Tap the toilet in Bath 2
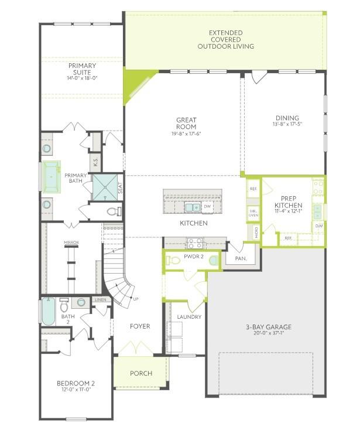64,304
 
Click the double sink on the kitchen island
191,207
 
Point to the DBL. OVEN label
253,213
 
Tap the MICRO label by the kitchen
256,233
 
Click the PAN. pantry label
241,258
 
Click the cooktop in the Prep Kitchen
318,187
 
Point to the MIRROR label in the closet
71,243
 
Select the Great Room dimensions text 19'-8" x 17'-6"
186,134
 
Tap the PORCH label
140,373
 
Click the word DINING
287,118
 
